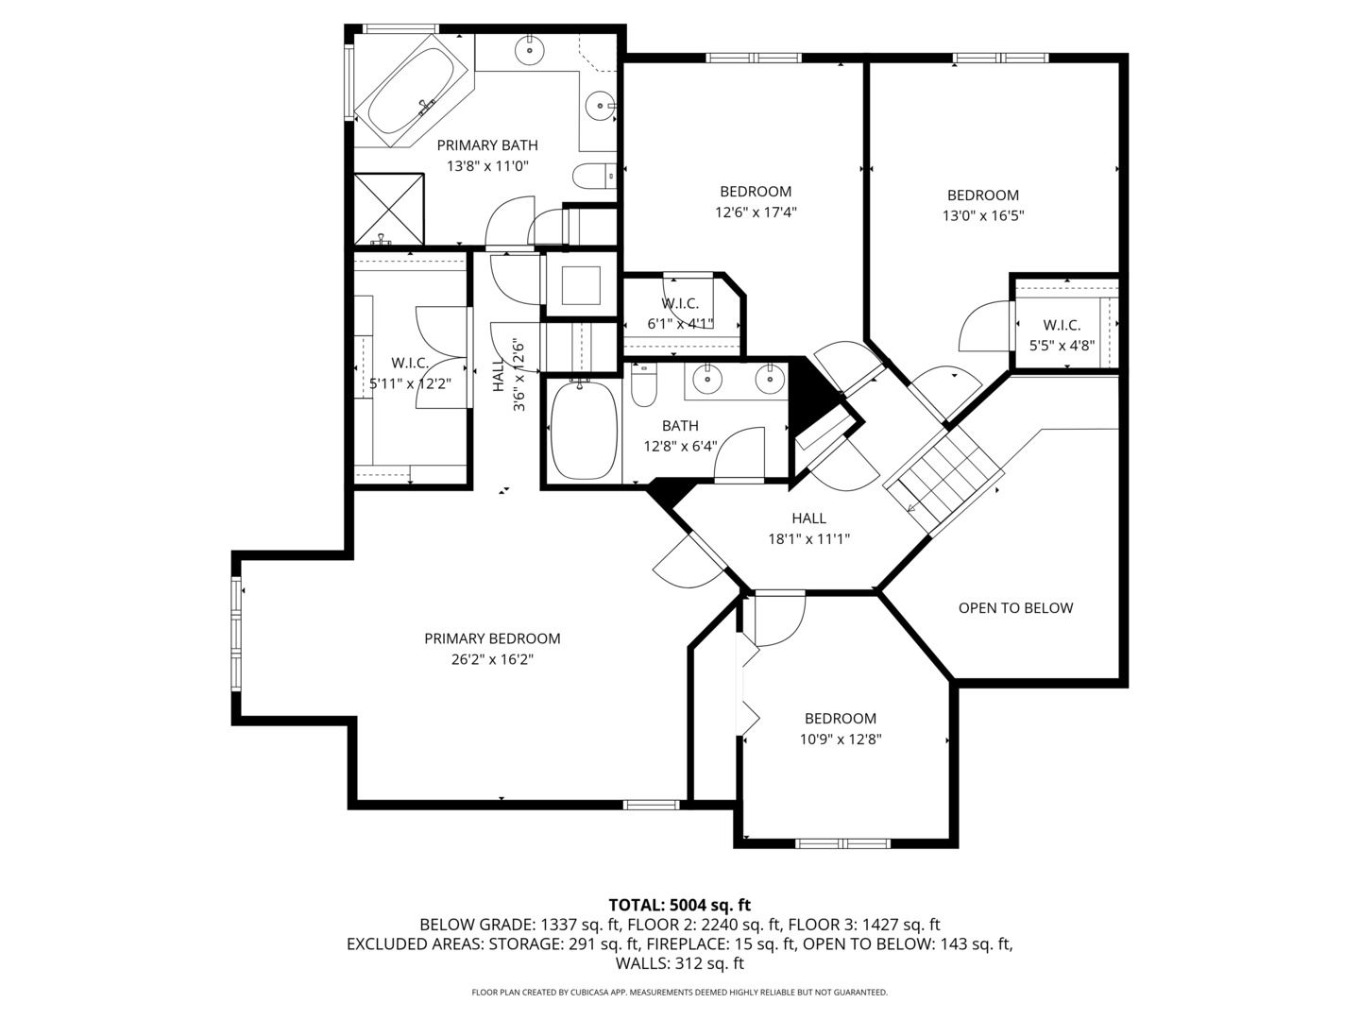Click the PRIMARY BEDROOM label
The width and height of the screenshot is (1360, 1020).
(x=492, y=638)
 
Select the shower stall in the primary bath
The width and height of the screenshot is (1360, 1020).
(x=388, y=208)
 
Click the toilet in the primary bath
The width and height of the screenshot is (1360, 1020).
(x=591, y=176)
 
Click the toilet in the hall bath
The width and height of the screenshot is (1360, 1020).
(x=643, y=387)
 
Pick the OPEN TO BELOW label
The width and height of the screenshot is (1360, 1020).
(x=1015, y=608)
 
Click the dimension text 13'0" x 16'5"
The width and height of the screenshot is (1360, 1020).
(x=983, y=215)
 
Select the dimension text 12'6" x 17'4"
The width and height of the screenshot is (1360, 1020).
(x=756, y=212)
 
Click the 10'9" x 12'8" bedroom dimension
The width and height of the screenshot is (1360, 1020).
(x=841, y=739)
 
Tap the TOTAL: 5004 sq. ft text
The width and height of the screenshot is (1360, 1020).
(x=679, y=905)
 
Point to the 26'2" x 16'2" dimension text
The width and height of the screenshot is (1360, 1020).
(x=492, y=660)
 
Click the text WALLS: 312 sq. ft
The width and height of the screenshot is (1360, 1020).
(x=679, y=964)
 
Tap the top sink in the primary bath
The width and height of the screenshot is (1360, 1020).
(x=530, y=50)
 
